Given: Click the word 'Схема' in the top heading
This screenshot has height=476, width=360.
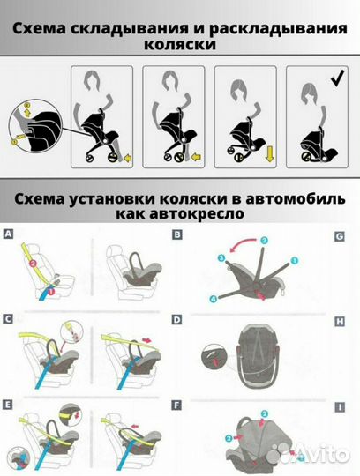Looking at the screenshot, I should click(49, 28).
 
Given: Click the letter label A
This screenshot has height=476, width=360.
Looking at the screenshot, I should click(9, 235).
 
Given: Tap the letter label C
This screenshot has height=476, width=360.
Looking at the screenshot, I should click(9, 316).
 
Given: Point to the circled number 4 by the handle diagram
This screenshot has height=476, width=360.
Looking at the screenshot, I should click(214, 299).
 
